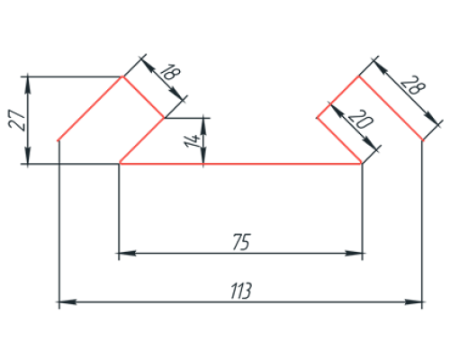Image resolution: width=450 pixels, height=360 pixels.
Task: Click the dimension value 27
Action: (x=17, y=120)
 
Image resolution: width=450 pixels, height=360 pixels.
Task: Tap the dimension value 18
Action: (x=170, y=72)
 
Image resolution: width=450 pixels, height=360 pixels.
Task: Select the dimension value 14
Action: (x=193, y=141)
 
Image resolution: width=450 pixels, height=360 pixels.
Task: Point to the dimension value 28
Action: (x=413, y=85)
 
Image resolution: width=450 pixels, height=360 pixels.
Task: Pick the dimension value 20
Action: (x=360, y=119)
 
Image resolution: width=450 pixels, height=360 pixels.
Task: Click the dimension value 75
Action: (x=241, y=242)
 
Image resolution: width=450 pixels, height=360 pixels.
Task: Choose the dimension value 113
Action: (x=241, y=291)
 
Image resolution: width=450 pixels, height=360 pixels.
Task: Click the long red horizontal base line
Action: (x=240, y=164)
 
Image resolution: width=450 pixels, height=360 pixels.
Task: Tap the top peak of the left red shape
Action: (x=122, y=76)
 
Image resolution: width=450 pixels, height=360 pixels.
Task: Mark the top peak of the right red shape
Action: (x=359, y=76)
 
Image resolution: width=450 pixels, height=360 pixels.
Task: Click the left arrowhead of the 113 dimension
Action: (x=67, y=301)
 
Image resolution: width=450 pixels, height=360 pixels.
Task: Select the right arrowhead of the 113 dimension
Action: (x=413, y=301)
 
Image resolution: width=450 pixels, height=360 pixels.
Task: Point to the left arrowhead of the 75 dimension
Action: (x=127, y=253)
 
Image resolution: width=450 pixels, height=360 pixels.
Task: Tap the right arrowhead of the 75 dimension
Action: (x=354, y=253)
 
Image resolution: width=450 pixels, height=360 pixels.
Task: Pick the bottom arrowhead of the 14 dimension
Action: (x=203, y=156)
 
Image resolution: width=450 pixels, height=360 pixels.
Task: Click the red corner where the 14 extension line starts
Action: (x=164, y=118)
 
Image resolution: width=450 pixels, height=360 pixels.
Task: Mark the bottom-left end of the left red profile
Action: (x=58, y=140)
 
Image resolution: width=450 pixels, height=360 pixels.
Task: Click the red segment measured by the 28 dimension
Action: (x=391, y=108)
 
